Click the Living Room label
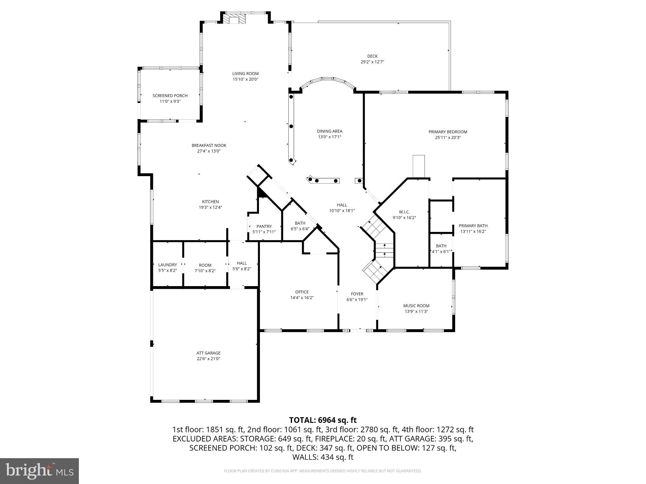click(245, 74)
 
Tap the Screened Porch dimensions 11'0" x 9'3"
click(170, 101)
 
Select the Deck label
click(372, 56)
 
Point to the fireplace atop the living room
click(234, 20)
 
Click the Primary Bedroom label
click(448, 132)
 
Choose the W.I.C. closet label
click(404, 212)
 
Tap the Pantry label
click(264, 226)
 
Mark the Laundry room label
click(167, 265)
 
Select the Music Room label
click(416, 306)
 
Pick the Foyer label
click(357, 294)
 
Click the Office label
click(302, 292)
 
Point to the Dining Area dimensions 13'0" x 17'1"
click(329, 137)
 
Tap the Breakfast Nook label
click(209, 146)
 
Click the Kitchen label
click(210, 202)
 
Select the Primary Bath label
click(473, 226)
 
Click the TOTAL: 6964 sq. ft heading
click(323, 420)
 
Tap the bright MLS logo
click(39, 471)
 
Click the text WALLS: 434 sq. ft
click(323, 457)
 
